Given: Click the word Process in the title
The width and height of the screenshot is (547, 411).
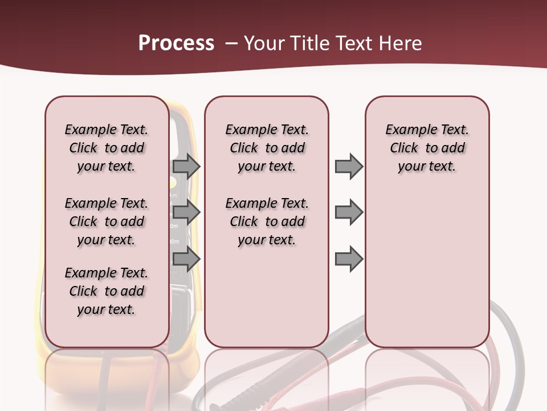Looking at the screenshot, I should (176, 43).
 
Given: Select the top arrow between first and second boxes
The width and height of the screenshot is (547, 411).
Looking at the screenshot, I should (186, 166).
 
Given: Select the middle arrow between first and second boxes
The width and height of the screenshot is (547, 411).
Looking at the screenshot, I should (186, 213).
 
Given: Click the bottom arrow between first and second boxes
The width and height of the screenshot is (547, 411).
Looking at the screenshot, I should (186, 259).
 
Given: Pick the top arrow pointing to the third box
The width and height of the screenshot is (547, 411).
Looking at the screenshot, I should (349, 166).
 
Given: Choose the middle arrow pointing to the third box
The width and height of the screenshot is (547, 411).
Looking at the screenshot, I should (349, 213).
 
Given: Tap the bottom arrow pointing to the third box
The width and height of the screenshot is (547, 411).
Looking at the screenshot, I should (349, 259).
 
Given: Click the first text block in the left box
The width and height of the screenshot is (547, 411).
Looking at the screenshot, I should (107, 148).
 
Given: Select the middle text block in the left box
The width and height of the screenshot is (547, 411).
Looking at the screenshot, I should (107, 221).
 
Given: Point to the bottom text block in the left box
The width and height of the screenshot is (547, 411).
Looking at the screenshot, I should (107, 291).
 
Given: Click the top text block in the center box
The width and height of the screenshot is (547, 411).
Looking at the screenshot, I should (267, 148).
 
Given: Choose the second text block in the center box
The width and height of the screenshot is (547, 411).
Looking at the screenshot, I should (267, 221).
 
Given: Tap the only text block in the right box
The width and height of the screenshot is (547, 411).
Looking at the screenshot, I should (427, 148).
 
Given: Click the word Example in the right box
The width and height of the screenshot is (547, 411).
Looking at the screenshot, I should (406, 130).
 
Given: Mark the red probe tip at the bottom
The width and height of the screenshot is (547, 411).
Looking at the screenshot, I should (365, 392).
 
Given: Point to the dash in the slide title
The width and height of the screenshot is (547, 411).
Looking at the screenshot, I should (231, 43).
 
